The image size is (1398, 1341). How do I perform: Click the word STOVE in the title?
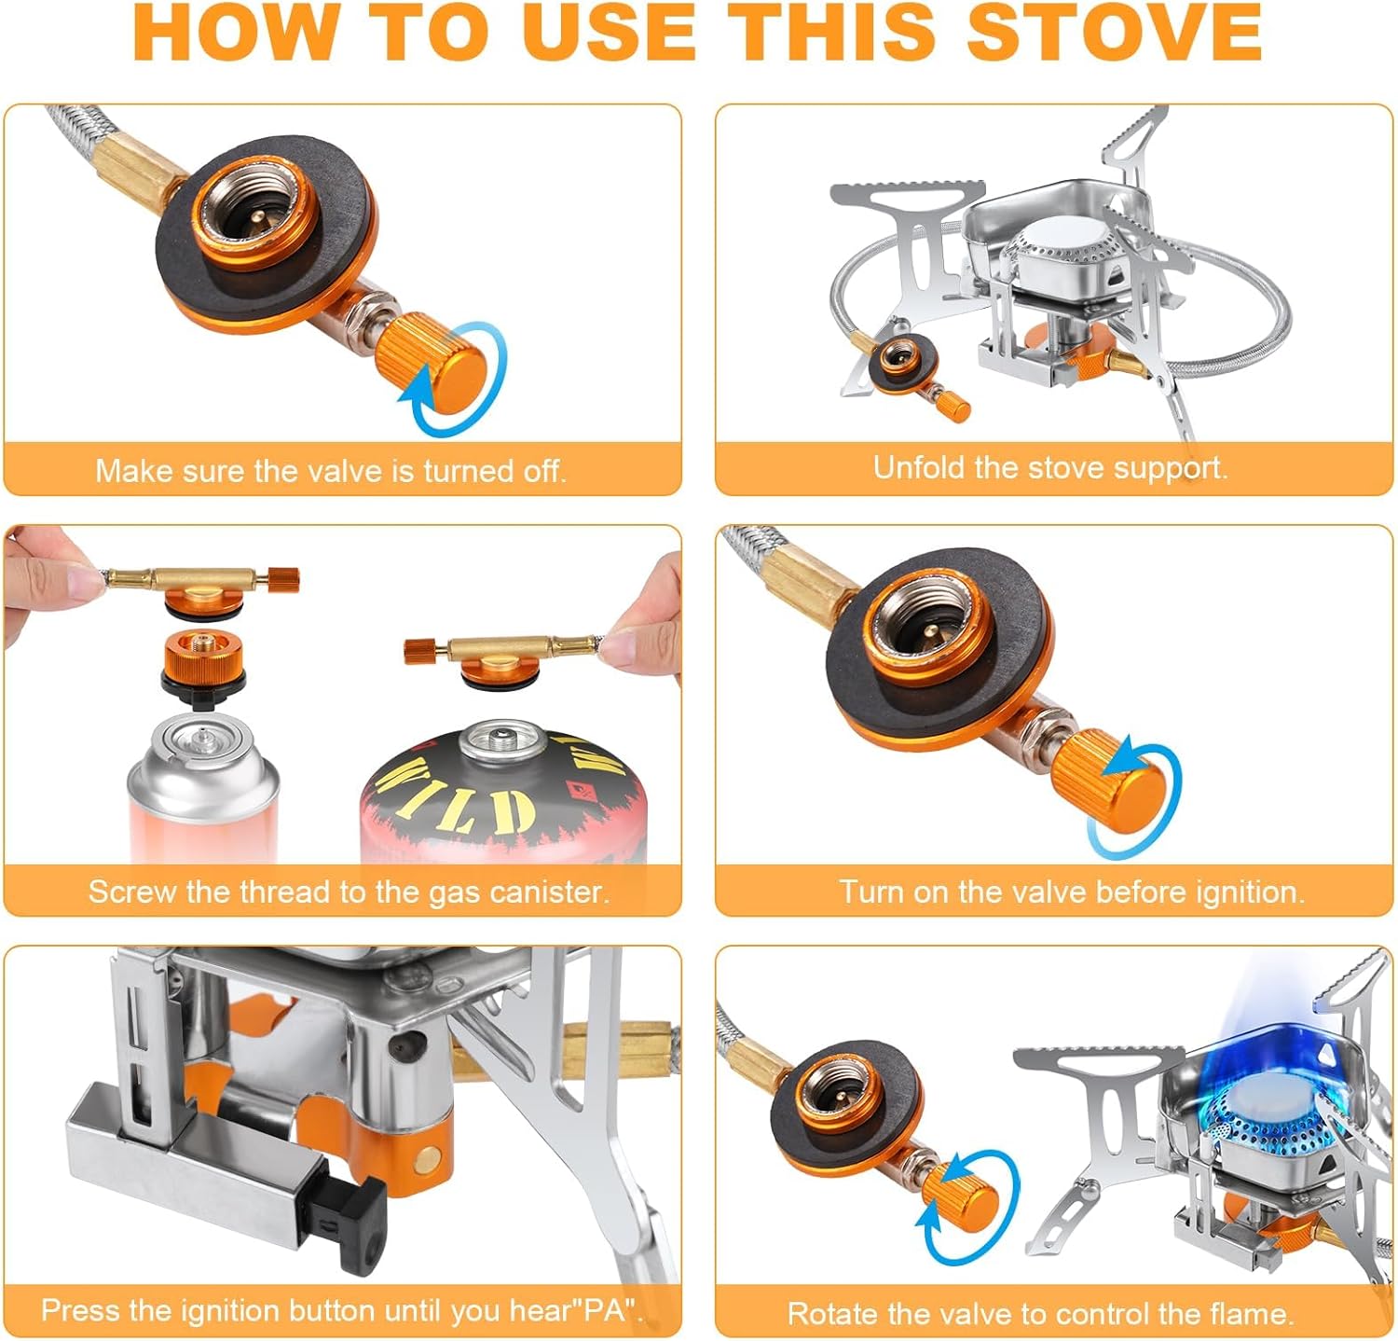(x=1114, y=33)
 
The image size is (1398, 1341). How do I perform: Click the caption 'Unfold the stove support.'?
(x=1050, y=467)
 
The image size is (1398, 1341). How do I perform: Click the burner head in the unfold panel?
(x=1062, y=256)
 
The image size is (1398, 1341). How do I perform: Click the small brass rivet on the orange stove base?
(x=428, y=1159)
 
